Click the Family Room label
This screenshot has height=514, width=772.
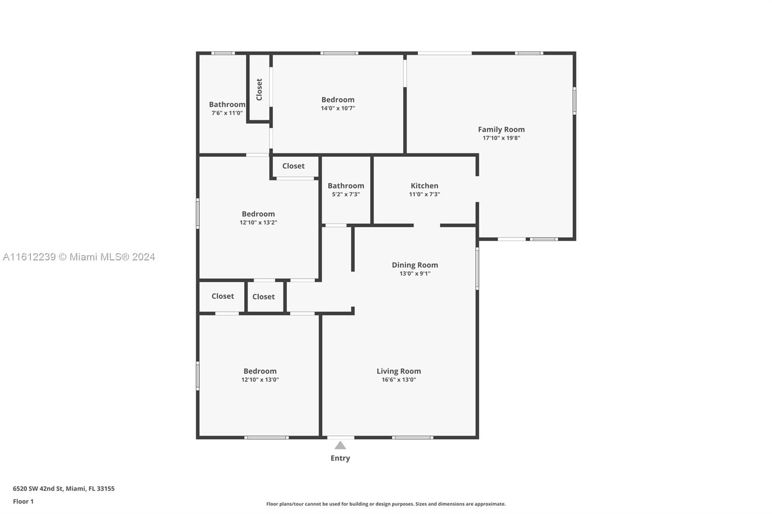(x=501, y=130)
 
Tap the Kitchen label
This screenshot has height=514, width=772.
(x=424, y=186)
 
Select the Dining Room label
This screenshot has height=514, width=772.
(x=414, y=265)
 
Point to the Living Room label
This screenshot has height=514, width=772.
(x=399, y=371)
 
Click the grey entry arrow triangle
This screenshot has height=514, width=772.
(x=340, y=446)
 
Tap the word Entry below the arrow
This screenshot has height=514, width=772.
(x=340, y=458)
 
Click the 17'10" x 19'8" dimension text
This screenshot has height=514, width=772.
(x=501, y=138)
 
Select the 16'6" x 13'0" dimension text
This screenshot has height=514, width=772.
(x=399, y=379)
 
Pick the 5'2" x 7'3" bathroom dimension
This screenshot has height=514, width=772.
(x=345, y=194)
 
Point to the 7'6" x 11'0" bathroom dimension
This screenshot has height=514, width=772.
(x=227, y=113)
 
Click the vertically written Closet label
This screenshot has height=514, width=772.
(x=259, y=90)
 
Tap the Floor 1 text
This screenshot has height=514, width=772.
(x=23, y=501)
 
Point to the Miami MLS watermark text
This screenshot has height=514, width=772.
(x=79, y=257)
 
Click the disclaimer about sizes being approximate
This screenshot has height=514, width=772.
(x=386, y=504)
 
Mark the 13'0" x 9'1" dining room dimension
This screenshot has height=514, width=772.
(x=414, y=273)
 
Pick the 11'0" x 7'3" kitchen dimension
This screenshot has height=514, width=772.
(x=424, y=194)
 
